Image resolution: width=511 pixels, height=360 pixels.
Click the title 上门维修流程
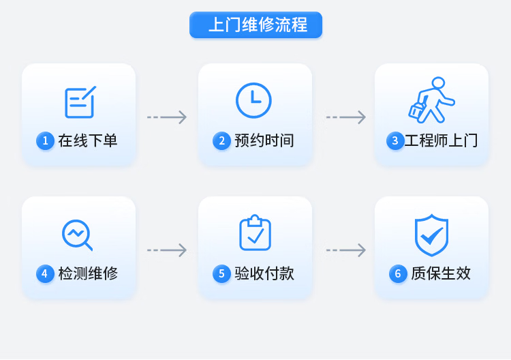coord(255,25)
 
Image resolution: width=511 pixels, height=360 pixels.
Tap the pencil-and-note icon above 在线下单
coord(79,102)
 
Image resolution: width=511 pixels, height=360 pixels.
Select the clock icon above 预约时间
coord(253,100)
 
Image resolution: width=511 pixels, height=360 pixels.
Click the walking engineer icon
coord(431,100)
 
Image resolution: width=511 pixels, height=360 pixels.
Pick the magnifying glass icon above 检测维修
coord(77,235)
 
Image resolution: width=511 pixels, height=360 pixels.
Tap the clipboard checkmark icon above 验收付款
coord(255,232)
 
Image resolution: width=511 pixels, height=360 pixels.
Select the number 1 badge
coord(45,141)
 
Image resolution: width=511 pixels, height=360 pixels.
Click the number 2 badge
coord(221,141)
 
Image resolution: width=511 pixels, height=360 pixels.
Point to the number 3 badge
coord(395,141)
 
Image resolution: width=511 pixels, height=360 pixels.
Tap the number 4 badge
coord(45,274)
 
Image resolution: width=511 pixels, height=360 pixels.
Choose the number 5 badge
coord(221,274)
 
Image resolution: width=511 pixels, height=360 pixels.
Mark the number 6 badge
coord(398,274)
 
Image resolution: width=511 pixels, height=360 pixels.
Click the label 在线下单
coord(88,141)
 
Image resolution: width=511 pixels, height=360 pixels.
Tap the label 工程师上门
coord(442,141)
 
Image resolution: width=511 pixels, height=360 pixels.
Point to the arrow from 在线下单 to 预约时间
coord(167,117)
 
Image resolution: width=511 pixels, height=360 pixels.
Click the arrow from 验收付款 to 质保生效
coord(345,250)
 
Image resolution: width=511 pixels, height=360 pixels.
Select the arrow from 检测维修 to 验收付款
coord(167,250)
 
